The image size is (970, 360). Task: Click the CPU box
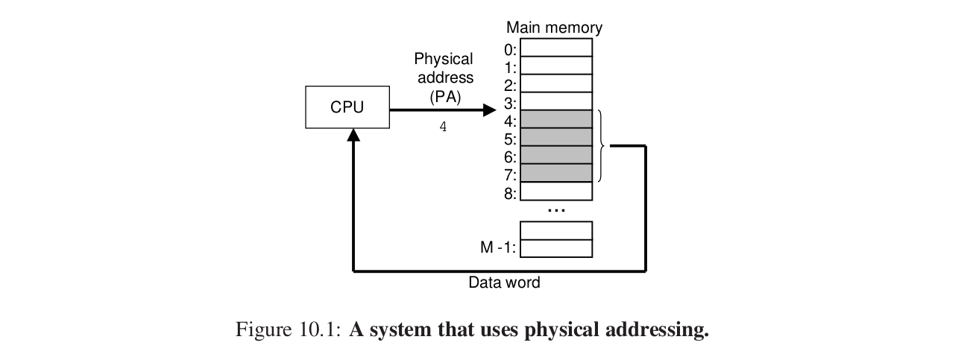click(347, 107)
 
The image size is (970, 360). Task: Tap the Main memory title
click(554, 28)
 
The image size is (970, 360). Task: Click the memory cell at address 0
click(556, 48)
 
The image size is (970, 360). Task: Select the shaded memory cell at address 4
click(556, 119)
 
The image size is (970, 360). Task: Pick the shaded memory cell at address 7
click(556, 174)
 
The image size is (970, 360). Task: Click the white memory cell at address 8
click(556, 192)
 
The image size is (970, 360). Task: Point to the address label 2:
click(510, 84)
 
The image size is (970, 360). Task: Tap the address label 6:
click(510, 157)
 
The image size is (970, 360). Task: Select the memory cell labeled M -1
click(556, 247)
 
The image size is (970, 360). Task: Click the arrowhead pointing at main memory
click(489, 110)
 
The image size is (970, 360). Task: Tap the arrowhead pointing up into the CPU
click(353, 135)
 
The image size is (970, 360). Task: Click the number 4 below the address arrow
click(443, 127)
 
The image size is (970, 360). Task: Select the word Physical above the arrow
click(444, 59)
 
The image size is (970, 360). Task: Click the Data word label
click(504, 282)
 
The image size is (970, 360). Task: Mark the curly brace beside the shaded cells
click(601, 146)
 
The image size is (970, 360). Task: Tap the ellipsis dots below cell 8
click(556, 210)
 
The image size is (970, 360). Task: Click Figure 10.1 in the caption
click(288, 329)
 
